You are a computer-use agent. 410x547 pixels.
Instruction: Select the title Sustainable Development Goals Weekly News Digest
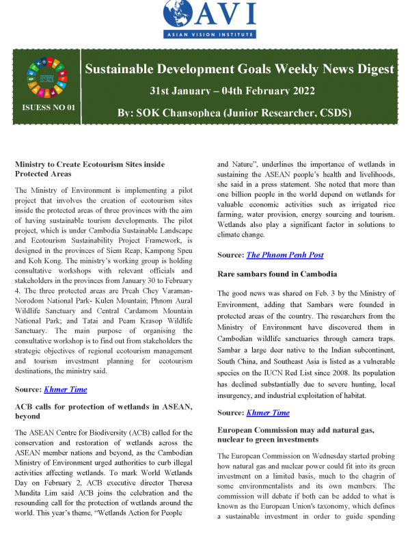point(238,69)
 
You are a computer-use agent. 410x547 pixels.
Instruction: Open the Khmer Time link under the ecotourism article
point(66,389)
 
